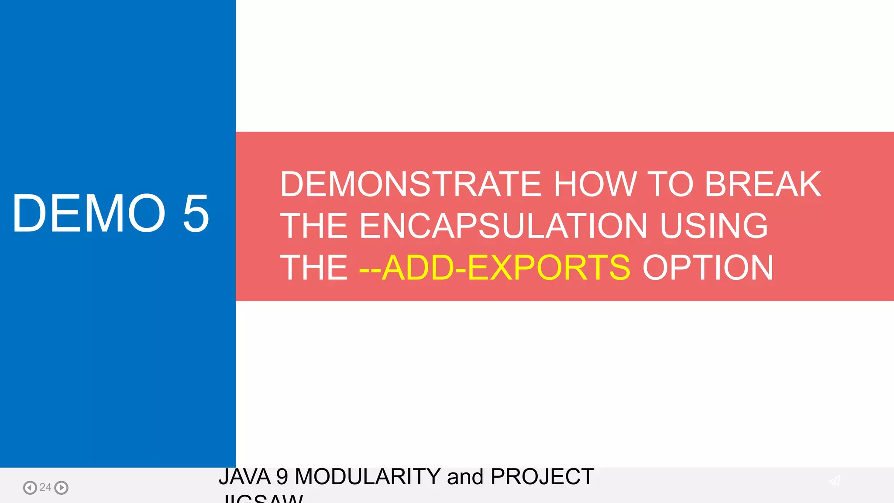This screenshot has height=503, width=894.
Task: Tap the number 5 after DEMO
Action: tap(196, 214)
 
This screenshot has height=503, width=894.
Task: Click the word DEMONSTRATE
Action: tap(411, 184)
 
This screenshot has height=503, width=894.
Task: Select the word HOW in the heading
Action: tap(595, 184)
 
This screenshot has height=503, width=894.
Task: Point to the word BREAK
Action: tap(763, 184)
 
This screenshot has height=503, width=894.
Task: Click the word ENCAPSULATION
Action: tap(503, 226)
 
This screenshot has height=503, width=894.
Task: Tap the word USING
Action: tap(714, 226)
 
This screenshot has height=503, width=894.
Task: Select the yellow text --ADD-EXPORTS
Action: tap(495, 267)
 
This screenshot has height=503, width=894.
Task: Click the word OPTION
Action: tap(708, 267)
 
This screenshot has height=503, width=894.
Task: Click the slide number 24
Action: tap(45, 487)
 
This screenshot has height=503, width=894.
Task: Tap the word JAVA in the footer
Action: tap(244, 477)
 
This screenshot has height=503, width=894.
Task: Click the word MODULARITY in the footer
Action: tap(368, 477)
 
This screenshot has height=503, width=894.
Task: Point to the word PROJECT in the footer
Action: tap(542, 477)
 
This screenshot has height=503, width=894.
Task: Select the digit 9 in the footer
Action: tap(282, 477)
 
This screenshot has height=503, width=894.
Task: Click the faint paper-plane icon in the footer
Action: tap(835, 481)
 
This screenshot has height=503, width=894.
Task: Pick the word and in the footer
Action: tap(465, 477)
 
